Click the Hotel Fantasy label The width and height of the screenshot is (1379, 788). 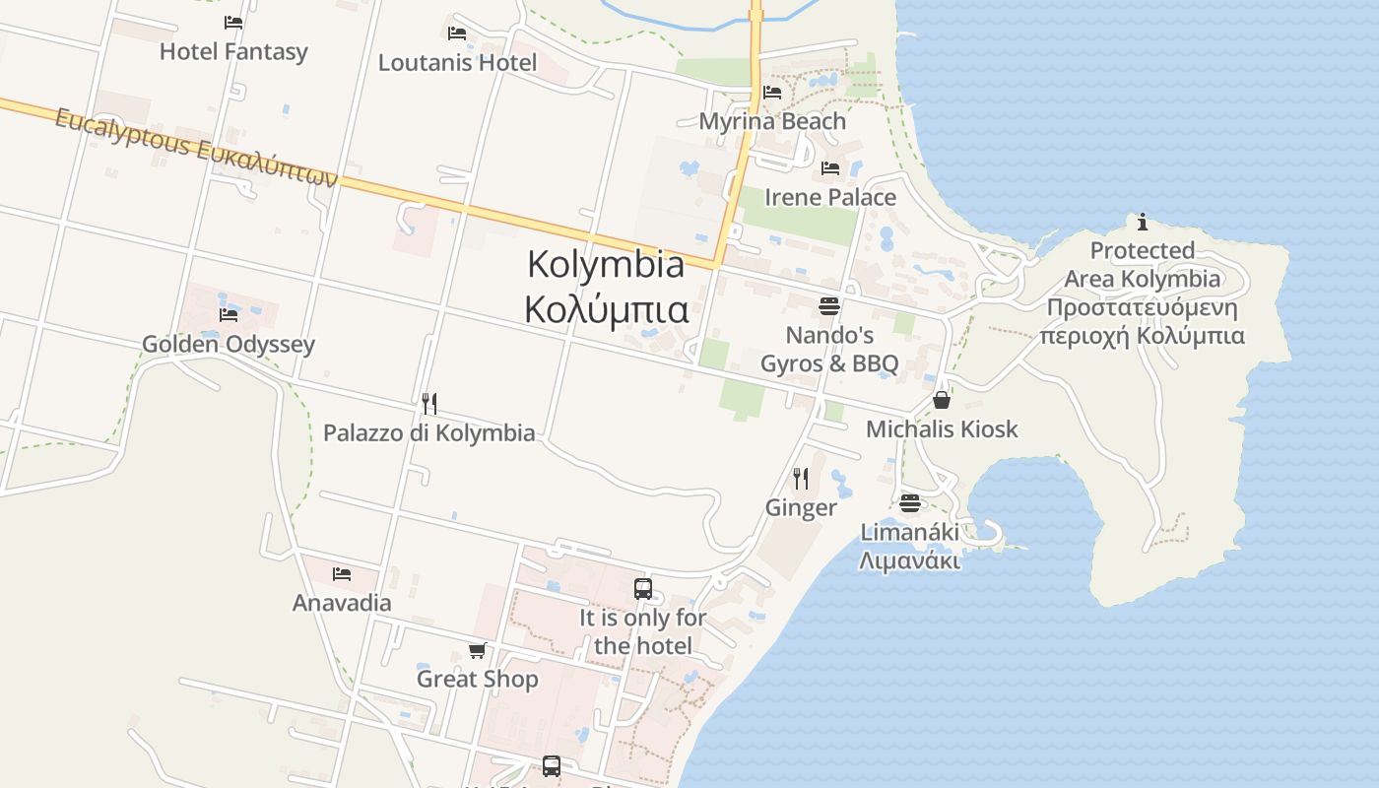click(x=233, y=51)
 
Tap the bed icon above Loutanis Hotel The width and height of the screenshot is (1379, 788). click(x=457, y=33)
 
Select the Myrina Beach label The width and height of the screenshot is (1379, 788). click(x=772, y=121)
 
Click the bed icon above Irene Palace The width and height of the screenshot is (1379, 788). click(x=830, y=168)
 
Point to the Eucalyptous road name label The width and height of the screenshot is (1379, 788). click(x=196, y=148)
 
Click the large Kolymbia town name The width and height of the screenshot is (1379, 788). click(x=606, y=264)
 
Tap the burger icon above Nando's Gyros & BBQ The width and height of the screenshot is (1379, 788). click(x=829, y=305)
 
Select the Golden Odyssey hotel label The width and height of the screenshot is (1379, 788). click(x=229, y=344)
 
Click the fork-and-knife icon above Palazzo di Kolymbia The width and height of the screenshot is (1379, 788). click(x=428, y=403)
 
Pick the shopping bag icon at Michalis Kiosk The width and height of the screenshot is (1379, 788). click(x=942, y=400)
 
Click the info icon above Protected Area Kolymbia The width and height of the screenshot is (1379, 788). click(x=1143, y=222)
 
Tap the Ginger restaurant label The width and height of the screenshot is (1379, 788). click(x=801, y=507)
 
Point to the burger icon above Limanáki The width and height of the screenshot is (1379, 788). click(x=909, y=503)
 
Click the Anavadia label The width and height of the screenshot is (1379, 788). click(x=342, y=602)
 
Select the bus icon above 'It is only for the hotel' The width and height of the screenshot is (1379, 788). click(x=643, y=589)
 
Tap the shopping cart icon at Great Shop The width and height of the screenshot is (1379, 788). click(x=478, y=650)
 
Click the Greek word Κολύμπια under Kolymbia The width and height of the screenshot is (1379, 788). click(x=606, y=308)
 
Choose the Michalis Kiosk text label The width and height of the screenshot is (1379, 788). click(x=942, y=428)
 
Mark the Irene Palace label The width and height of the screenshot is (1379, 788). click(x=830, y=197)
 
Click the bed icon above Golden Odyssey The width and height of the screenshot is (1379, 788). click(x=229, y=315)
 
